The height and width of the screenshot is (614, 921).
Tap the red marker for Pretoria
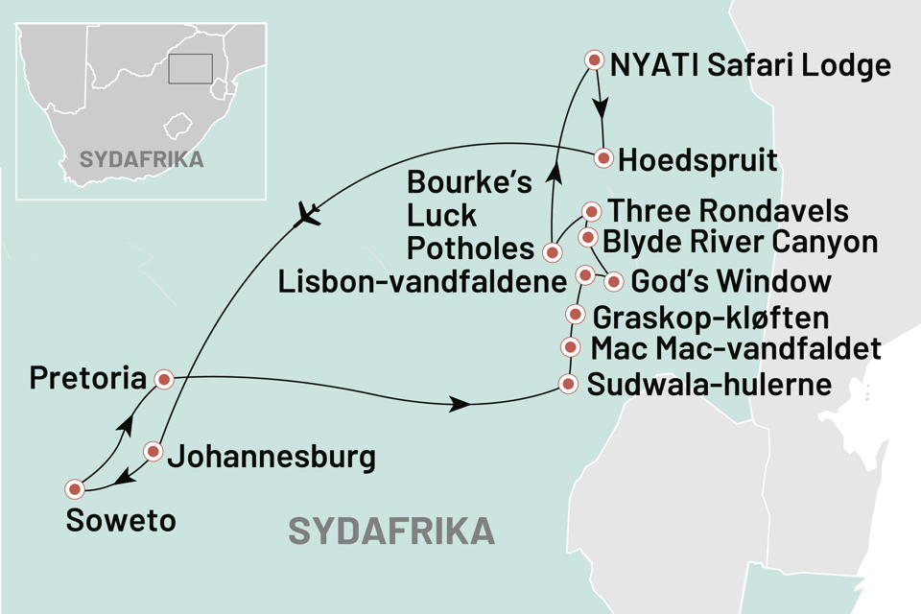(163, 380)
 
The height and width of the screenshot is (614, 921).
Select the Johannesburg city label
(271, 457)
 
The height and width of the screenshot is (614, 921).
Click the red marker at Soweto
(74, 489)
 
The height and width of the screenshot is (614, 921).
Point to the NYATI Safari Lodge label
(749, 67)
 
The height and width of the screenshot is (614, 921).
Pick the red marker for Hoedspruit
(603, 157)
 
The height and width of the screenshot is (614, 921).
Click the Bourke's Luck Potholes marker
(552, 253)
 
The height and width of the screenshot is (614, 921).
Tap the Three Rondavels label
(728, 210)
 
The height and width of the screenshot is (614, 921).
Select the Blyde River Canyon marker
(587, 237)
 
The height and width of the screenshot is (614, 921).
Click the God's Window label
(729, 282)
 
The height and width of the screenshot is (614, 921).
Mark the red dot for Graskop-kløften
(575, 314)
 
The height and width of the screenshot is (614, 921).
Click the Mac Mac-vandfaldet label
(735, 348)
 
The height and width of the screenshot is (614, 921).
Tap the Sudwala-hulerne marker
(568, 386)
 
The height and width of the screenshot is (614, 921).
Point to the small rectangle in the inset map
(190, 68)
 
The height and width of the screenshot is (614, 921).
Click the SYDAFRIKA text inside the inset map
(141, 159)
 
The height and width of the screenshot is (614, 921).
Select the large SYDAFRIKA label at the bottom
(391, 531)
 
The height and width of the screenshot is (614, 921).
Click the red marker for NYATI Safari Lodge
(594, 60)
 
